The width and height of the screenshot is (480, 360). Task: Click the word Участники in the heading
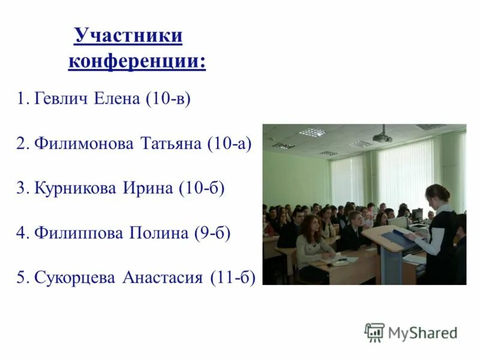point(128,36)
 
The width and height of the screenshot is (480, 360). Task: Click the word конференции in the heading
point(136,61)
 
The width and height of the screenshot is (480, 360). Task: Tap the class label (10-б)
point(201,188)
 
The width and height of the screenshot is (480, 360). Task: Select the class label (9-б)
point(212,233)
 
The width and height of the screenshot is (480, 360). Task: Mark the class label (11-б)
point(233,278)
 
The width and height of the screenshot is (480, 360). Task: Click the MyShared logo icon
point(374,332)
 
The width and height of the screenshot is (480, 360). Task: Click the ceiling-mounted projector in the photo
point(382,136)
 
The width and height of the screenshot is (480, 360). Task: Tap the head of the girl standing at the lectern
point(437,195)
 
